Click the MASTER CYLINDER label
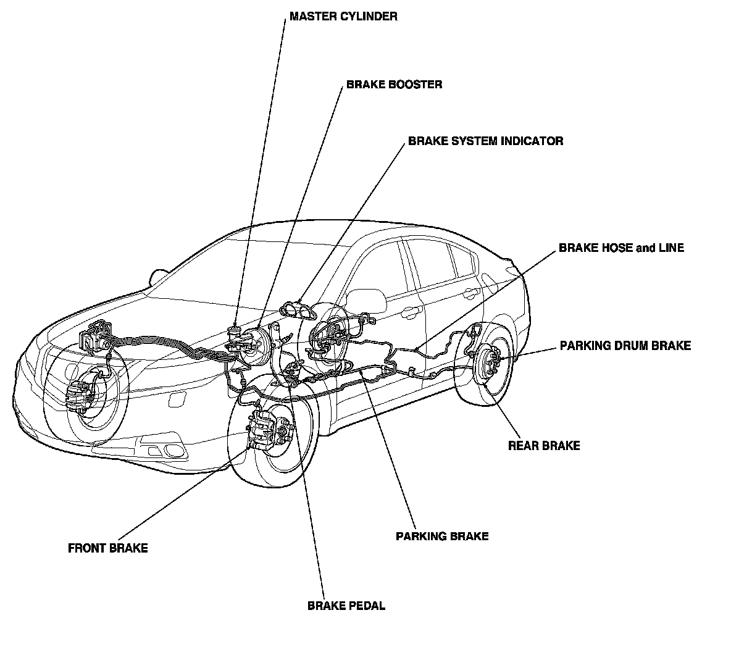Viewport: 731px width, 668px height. (x=343, y=17)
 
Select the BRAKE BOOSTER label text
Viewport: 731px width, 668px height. (x=394, y=84)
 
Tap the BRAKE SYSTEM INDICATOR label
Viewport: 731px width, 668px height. (x=485, y=141)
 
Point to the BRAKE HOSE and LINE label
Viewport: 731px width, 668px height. (x=621, y=248)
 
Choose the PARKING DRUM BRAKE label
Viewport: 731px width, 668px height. (x=625, y=346)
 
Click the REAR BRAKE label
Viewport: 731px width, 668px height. (x=544, y=445)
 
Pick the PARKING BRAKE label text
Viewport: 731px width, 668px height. (x=442, y=536)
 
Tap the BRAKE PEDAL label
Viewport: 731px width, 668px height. (x=346, y=606)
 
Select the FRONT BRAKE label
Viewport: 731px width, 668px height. (x=108, y=548)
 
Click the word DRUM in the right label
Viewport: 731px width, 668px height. (x=627, y=346)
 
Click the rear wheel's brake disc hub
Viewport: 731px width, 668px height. (x=489, y=363)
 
